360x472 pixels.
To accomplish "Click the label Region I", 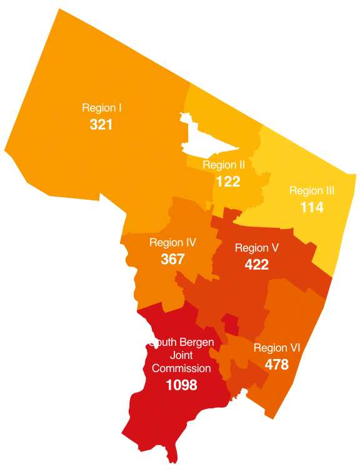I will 101,108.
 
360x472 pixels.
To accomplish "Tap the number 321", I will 101,124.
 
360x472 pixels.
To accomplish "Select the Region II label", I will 224,165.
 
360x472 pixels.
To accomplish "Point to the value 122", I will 228,182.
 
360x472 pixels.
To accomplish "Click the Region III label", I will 312,191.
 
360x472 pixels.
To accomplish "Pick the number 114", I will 312,207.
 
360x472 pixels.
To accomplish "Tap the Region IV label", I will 173,242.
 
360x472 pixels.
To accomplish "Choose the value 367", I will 172,258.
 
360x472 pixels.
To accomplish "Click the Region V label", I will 256,248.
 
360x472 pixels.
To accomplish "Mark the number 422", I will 256,265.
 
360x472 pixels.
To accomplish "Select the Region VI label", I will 277,348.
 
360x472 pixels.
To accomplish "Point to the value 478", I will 277,365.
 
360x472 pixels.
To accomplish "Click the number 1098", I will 181,385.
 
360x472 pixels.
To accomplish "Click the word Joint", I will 181,355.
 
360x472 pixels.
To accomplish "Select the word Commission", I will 181,368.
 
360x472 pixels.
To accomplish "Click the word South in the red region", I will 163,342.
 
